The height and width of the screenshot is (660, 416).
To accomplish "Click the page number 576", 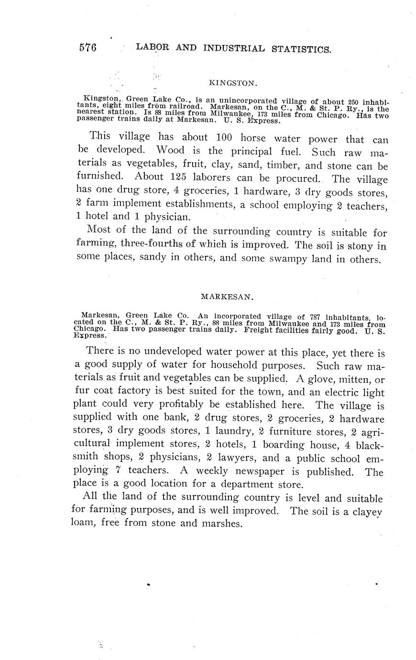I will (88, 47).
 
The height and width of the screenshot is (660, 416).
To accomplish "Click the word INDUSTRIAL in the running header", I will (234, 48).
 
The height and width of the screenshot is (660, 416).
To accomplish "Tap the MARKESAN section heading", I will (226, 297).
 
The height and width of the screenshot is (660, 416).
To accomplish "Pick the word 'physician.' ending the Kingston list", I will (157, 216).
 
